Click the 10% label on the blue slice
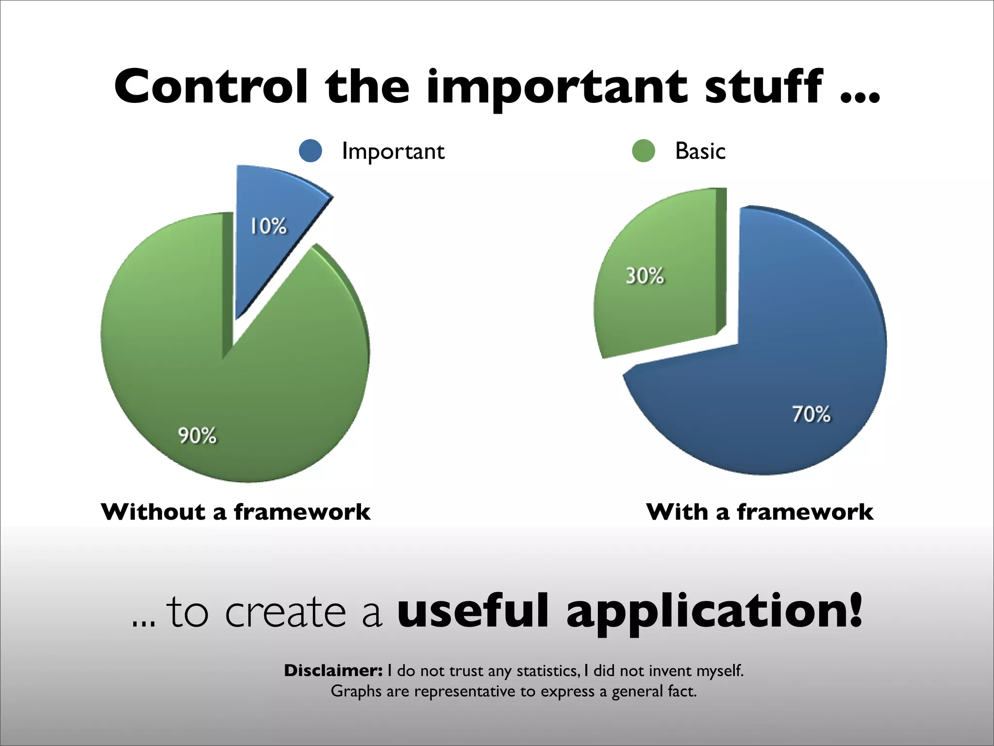(268, 226)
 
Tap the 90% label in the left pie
(197, 435)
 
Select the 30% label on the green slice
(645, 276)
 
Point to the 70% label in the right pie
(811, 414)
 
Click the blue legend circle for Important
(311, 151)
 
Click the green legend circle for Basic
(644, 151)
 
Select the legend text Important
(393, 151)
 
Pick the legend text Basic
(700, 151)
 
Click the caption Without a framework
(235, 512)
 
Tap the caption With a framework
(760, 512)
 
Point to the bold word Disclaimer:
(333, 671)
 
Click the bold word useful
(473, 611)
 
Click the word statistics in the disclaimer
(547, 671)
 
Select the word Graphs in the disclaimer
(356, 691)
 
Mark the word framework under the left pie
(302, 512)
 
